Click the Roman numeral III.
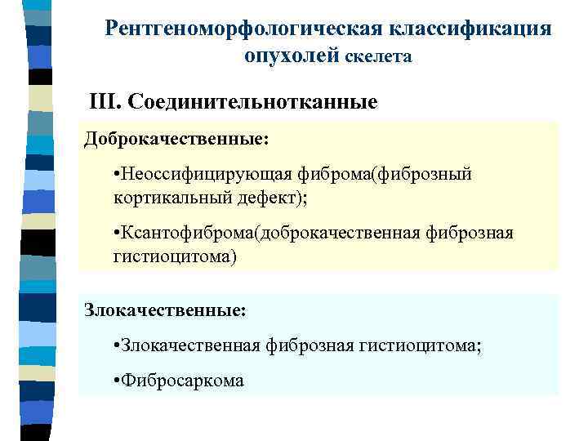105,103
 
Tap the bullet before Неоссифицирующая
118,175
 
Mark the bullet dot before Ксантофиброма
118,234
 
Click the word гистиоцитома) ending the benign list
174,256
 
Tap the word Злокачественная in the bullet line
192,346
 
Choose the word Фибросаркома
184,381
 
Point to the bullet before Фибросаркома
118,381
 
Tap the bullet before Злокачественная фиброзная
118,347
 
